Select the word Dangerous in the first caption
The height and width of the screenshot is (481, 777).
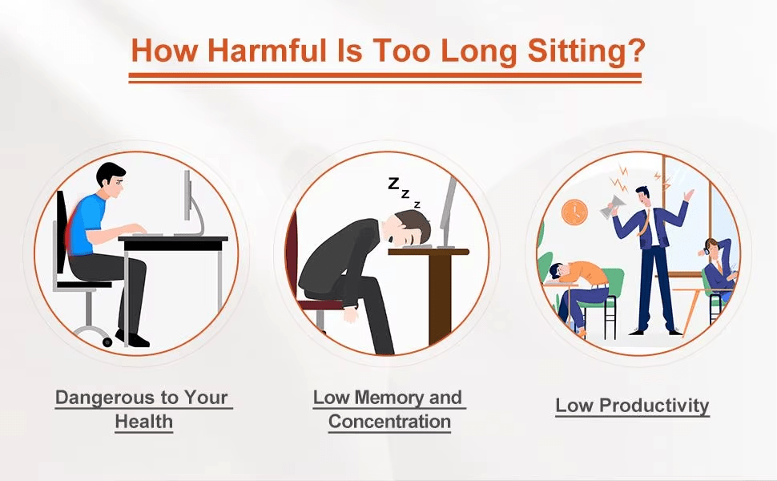104,397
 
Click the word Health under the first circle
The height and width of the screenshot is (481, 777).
143,422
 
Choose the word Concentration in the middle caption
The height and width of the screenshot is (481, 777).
389,422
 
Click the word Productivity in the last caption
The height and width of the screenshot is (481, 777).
654,406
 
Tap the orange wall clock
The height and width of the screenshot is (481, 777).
574,212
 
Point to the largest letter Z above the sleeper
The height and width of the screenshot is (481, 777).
393,184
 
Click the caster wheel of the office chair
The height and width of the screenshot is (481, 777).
107,342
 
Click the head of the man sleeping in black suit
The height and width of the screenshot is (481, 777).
411,228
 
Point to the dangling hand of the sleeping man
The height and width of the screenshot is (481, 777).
351,315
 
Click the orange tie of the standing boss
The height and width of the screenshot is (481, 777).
644,222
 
